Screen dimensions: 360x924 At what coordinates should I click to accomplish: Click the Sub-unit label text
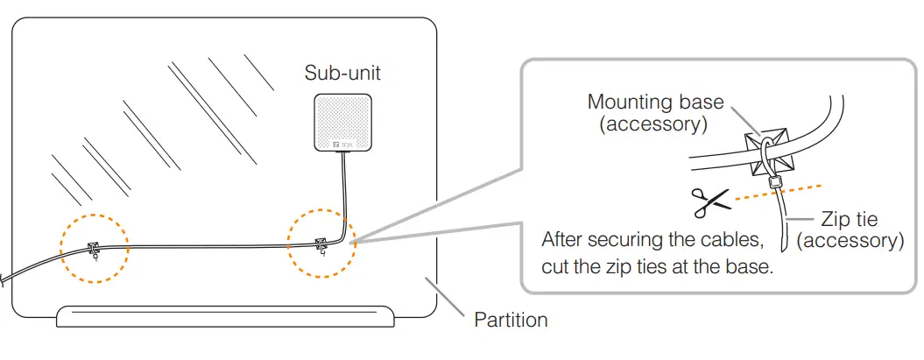tap(342, 73)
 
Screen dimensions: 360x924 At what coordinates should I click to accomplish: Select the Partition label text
tap(511, 320)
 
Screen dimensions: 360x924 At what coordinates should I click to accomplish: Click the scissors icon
tap(709, 203)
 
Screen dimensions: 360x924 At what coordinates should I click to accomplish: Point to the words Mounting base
tap(655, 102)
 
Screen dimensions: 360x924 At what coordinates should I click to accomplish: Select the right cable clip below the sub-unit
tap(321, 245)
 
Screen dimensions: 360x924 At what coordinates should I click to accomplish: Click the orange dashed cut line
tap(779, 194)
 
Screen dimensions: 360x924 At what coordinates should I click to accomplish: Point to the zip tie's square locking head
tap(775, 183)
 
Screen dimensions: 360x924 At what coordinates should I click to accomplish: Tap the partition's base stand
tap(225, 315)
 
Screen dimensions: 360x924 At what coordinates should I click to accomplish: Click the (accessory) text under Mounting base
tap(653, 124)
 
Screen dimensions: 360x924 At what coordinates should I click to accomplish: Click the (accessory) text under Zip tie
tap(852, 240)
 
